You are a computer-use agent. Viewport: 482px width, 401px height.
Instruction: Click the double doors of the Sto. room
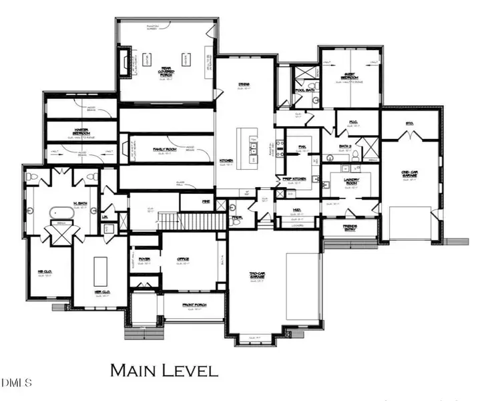[x=409, y=137]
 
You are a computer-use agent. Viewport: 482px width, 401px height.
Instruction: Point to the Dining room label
[x=244, y=84]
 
